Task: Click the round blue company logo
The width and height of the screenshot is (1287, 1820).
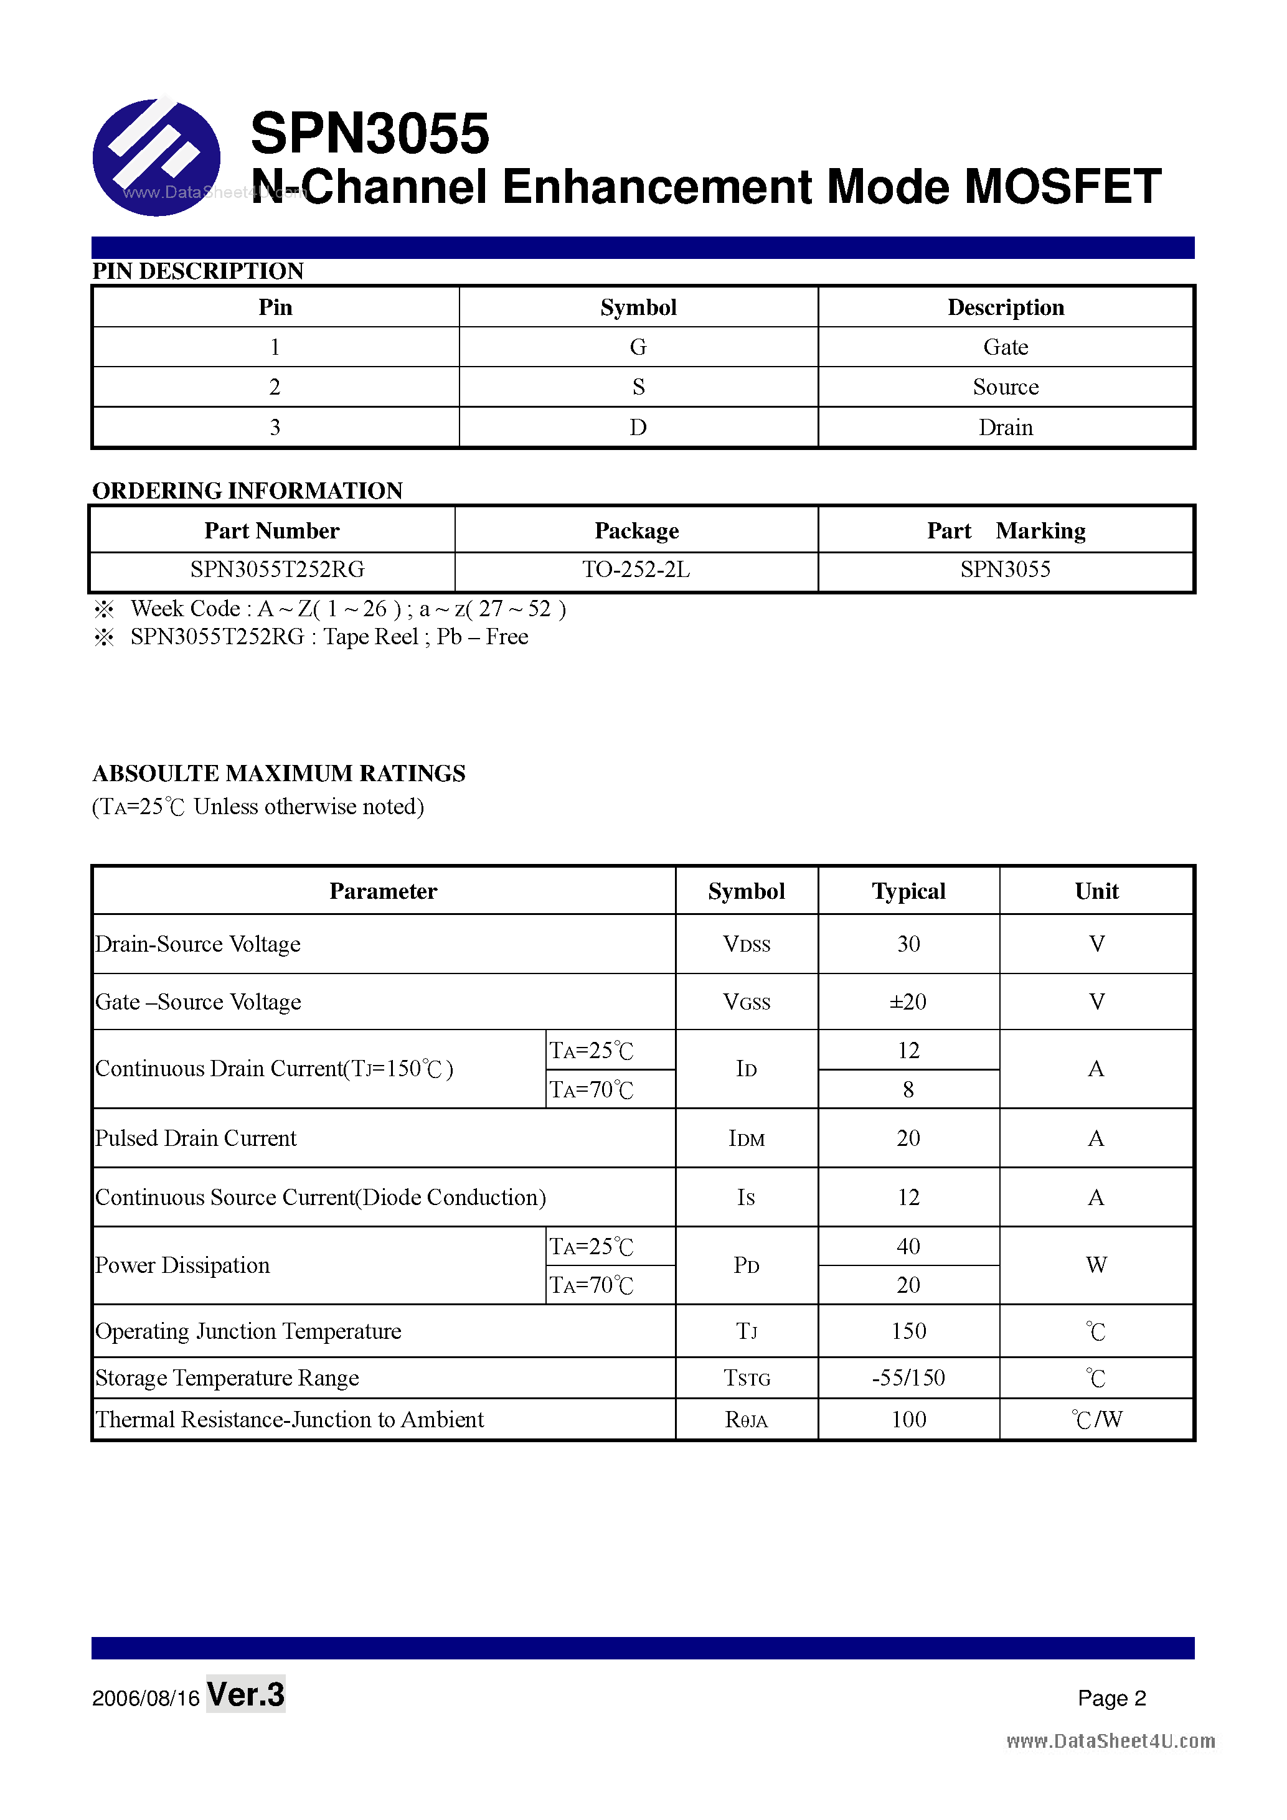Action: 156,157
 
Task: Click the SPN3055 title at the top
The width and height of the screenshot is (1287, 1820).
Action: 369,133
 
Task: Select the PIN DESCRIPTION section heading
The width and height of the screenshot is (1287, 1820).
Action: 198,271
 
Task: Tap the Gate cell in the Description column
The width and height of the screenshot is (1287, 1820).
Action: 1005,347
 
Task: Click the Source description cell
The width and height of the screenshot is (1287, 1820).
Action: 1005,387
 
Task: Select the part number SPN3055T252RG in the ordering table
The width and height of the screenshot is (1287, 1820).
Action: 276,569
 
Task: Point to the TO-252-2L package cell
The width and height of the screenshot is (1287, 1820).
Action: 636,569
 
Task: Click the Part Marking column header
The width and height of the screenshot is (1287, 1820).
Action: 1006,530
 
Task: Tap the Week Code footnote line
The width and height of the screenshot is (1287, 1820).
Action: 347,609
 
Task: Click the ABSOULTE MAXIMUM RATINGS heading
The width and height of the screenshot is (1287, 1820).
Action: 279,773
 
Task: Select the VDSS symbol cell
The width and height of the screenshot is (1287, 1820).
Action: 746,944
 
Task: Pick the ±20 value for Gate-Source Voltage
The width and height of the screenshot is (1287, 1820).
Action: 908,1002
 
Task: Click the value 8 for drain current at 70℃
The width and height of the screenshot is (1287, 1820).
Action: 908,1090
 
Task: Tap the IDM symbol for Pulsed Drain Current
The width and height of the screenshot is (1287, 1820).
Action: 746,1139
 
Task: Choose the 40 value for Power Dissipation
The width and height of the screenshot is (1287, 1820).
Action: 908,1246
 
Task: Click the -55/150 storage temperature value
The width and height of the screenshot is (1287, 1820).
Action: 908,1377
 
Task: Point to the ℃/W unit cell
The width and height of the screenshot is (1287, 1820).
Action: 1096,1420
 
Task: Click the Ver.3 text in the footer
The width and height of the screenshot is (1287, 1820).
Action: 245,1694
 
